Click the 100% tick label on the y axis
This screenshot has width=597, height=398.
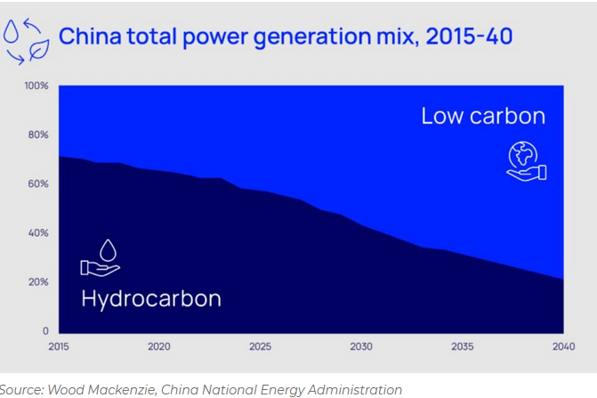point(36,86)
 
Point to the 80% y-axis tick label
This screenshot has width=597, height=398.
point(38,135)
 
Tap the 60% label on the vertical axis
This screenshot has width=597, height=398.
point(38,184)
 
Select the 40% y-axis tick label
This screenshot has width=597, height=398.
point(38,233)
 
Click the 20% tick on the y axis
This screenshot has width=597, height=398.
point(38,282)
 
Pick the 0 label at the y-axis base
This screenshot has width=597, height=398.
point(45,331)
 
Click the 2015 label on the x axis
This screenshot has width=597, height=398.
point(58,346)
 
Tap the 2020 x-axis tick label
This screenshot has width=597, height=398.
point(159,346)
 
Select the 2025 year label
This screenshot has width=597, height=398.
point(260,346)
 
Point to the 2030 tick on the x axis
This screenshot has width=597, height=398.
point(361,346)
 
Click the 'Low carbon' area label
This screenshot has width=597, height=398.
point(482,117)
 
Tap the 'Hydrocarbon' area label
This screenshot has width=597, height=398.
point(150,298)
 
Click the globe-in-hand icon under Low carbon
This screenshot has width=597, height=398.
point(526,160)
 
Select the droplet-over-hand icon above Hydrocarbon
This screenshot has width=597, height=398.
point(101,257)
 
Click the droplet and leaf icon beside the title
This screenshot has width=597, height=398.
point(26,39)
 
